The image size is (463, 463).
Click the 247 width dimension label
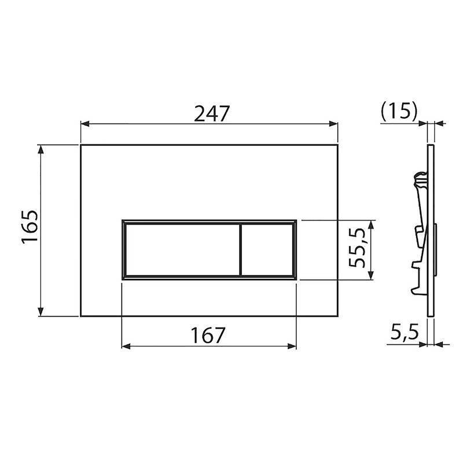click(210, 113)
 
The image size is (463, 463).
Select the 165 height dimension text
click(30, 229)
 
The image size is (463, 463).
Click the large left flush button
click(181, 249)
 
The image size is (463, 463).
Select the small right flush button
click(266, 249)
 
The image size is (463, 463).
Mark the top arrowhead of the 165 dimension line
click(41, 149)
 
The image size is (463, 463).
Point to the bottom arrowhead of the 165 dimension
click(41, 312)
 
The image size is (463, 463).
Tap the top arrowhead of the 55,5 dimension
click(371, 224)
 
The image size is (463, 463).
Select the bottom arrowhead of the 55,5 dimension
click(371, 275)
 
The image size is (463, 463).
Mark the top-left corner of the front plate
click(80, 145)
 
